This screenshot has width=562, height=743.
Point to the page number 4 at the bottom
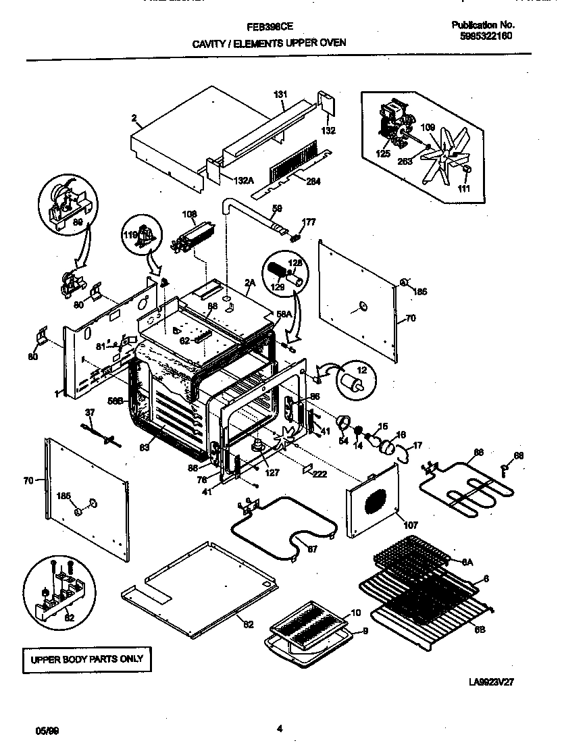[x=280, y=728]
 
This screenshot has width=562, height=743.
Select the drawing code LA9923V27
[x=492, y=682]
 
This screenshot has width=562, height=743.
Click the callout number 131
[x=280, y=94]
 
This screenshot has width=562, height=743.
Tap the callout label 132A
[x=244, y=180]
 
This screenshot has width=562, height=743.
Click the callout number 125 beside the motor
[x=383, y=154]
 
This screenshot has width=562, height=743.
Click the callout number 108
[x=189, y=215]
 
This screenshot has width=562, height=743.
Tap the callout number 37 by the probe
[x=89, y=413]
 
